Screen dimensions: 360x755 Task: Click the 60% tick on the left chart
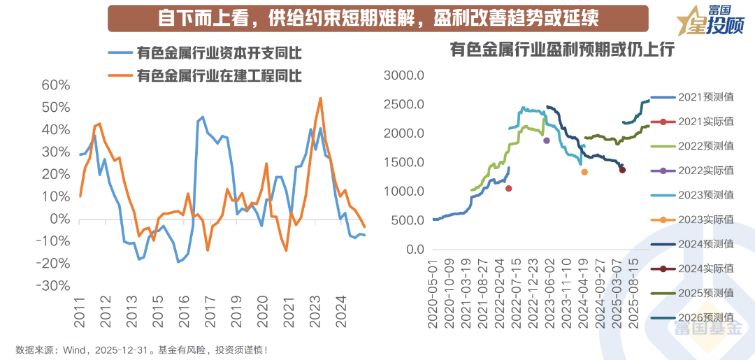point(56,85)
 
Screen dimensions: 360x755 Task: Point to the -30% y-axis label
point(55,286)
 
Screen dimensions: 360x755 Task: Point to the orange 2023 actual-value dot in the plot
point(584,172)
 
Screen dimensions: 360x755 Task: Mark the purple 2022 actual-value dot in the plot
point(547,141)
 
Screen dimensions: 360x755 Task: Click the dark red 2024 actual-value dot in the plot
point(622,170)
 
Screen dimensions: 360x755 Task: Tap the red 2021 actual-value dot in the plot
point(509,188)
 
